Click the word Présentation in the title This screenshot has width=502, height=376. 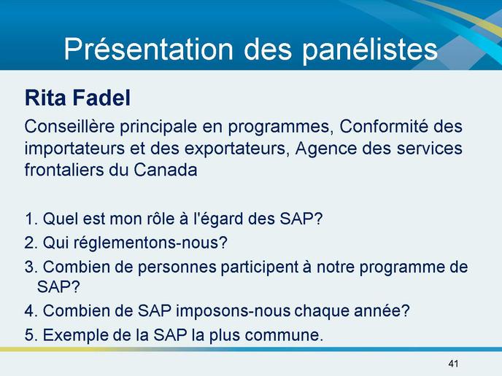click(148, 49)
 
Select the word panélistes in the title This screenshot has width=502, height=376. click(370, 50)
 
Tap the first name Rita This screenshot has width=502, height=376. click(45, 98)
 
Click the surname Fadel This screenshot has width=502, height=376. click(102, 98)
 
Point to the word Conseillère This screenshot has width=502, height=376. click(69, 126)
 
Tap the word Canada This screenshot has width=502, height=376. click(165, 170)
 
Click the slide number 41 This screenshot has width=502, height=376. click(453, 364)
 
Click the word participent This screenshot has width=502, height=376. click(259, 267)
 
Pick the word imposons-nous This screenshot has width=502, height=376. click(232, 311)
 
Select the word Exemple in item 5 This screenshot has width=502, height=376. click(76, 335)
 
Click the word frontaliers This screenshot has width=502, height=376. click(64, 170)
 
